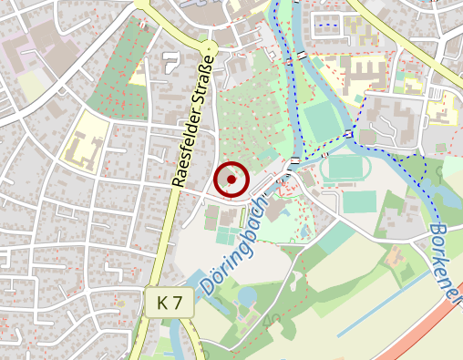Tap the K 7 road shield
pyautogui.click(x=169, y=303)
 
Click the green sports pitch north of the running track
pyautogui.click(x=318, y=123)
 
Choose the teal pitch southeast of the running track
pyautogui.click(x=360, y=201)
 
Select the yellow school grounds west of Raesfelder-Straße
pyautogui.click(x=84, y=142)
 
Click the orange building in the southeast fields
pyautogui.click(x=396, y=258)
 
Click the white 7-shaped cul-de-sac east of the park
pyautogui.click(x=170, y=62)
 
